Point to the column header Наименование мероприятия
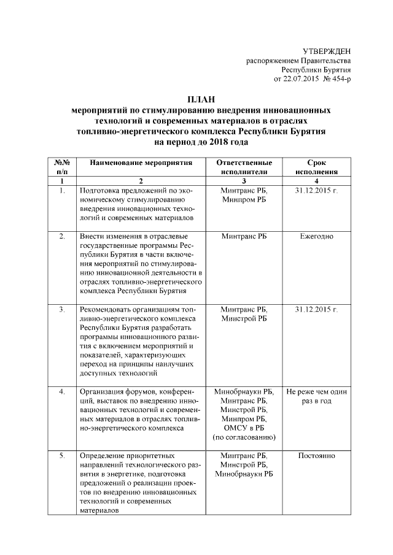(x=141, y=163)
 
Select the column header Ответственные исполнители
(x=244, y=167)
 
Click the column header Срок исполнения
(x=316, y=167)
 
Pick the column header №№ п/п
(x=62, y=167)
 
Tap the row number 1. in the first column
(x=62, y=191)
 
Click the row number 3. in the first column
(x=62, y=310)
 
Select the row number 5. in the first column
(x=62, y=456)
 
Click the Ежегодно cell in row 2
(x=316, y=235)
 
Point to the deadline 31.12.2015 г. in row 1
(x=316, y=191)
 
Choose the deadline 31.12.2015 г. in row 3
(x=316, y=310)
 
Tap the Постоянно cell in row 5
(x=316, y=456)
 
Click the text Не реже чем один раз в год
(x=316, y=396)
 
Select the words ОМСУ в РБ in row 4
(x=244, y=427)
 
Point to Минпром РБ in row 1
(x=244, y=201)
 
